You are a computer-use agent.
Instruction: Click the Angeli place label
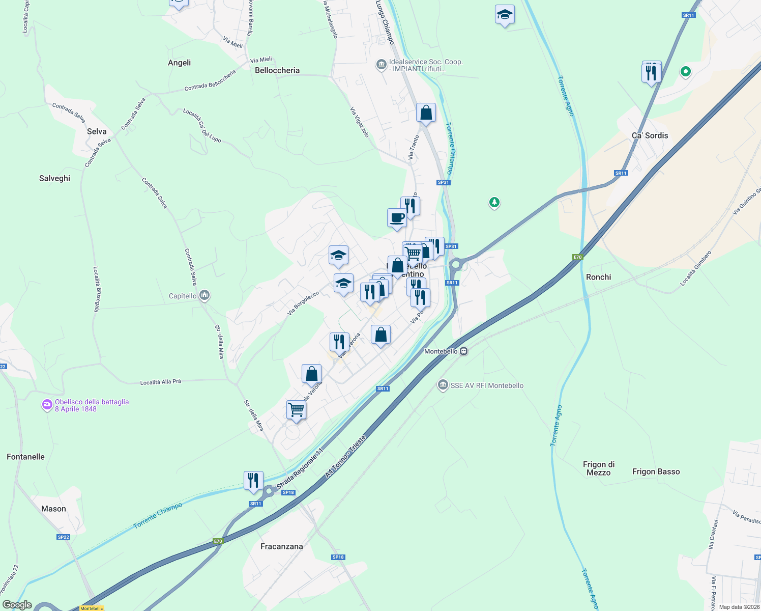pos(179,63)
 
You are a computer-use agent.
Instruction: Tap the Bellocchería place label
pos(277,70)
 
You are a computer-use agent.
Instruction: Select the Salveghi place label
pos(54,178)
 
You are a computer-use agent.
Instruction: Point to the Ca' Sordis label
pos(650,135)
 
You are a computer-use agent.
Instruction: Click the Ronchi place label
pos(598,277)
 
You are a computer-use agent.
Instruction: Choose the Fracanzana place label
pos(281,546)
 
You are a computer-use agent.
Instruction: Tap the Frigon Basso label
pos(656,471)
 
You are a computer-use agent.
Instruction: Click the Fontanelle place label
pos(25,457)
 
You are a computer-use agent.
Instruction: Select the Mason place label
pos(53,509)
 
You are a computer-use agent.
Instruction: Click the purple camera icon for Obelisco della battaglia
pos(47,405)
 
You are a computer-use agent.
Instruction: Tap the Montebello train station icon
pos(463,351)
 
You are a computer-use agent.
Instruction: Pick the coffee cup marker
pos(397,218)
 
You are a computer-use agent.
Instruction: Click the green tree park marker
pos(494,203)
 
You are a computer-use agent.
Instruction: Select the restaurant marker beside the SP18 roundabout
pos(253,480)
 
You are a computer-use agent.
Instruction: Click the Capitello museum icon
pos(204,295)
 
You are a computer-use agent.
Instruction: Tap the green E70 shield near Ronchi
pos(577,257)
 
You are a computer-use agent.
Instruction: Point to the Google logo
pos(17,605)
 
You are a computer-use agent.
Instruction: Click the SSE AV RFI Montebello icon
pos(443,385)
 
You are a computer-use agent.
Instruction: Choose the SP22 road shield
pos(63,537)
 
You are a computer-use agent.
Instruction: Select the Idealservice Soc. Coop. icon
pos(381,65)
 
